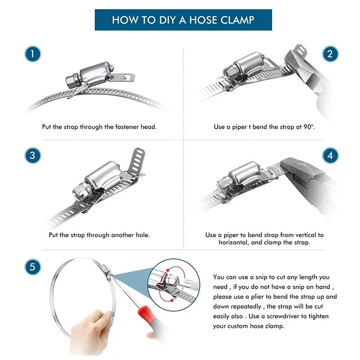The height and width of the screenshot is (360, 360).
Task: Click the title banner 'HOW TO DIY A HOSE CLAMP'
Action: tap(183, 20)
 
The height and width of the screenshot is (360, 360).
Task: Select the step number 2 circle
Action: tap(330, 54)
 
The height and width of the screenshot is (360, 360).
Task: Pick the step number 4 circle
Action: tap(330, 156)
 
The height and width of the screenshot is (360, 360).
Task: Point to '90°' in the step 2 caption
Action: tap(309, 127)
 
